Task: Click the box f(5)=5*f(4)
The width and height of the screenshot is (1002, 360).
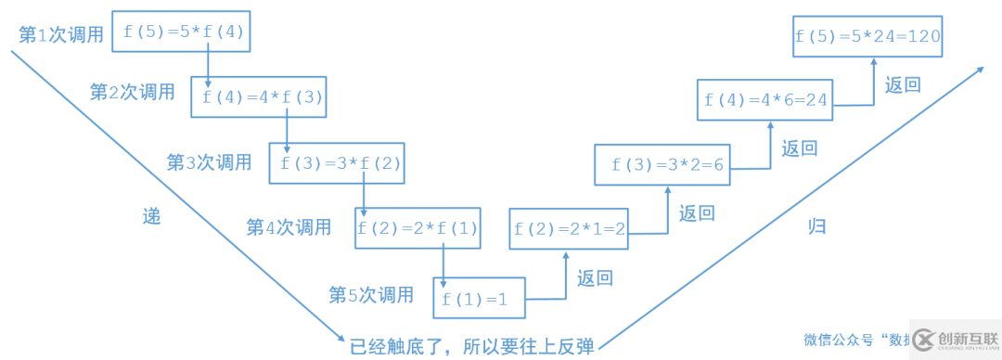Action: (182, 32)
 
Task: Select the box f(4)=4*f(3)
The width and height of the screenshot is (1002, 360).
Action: (259, 96)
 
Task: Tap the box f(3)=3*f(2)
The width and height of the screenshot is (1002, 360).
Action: (339, 163)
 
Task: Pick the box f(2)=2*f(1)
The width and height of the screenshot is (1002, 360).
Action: (417, 227)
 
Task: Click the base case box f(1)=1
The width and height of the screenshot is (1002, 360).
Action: (479, 299)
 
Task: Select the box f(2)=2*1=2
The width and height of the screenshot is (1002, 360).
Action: (569, 228)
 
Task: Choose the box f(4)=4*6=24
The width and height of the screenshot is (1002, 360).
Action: (765, 100)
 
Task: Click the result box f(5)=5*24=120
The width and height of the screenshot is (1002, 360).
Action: (868, 38)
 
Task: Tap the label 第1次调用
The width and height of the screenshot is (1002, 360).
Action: (61, 34)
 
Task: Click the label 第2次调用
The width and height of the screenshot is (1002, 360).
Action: (132, 92)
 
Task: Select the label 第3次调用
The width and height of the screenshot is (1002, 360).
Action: (210, 162)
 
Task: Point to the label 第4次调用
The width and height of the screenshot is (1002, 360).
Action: (289, 226)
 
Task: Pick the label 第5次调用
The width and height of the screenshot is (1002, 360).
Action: (371, 295)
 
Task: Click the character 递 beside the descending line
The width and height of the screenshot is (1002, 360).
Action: (151, 216)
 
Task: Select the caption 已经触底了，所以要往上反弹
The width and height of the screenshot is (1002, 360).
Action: (471, 347)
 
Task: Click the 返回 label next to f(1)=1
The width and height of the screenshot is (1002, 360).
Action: (595, 277)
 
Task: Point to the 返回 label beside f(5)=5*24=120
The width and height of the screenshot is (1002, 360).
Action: (903, 85)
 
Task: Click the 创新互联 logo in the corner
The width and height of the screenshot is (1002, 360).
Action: (955, 339)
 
